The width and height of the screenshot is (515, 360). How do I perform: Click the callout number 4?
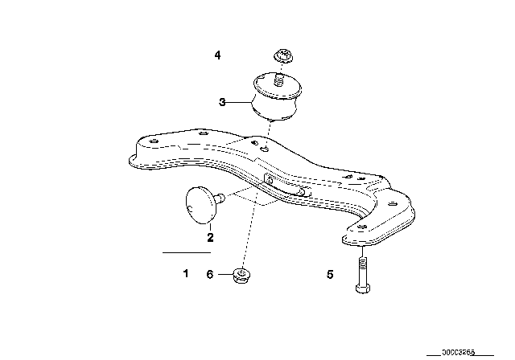[x=216, y=55]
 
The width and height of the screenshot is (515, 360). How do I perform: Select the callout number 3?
[x=221, y=102]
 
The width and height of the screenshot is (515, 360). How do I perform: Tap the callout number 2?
[x=209, y=237]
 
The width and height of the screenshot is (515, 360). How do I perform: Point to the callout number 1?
[x=185, y=274]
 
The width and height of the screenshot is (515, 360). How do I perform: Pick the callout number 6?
[x=210, y=274]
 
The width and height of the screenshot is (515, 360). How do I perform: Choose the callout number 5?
[x=329, y=274]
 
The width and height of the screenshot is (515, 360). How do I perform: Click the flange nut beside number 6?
[x=240, y=275]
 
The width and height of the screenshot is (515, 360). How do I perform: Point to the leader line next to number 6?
[x=224, y=274]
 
